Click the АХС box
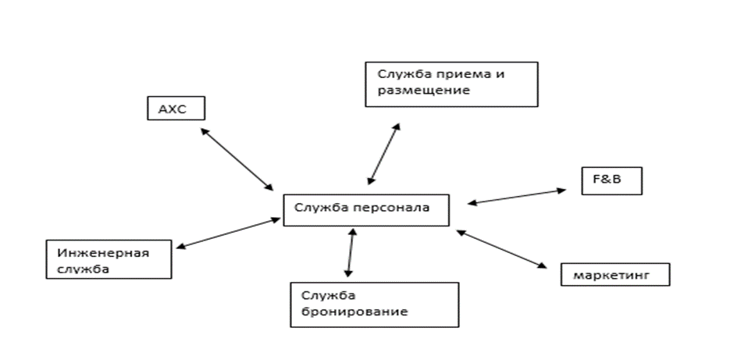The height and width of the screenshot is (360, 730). click(176, 108)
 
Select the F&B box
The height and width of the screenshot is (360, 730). click(611, 180)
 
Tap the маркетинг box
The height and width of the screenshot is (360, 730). click(615, 275)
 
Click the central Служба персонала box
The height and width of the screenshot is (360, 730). click(366, 209)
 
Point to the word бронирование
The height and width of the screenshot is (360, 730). click(350, 312)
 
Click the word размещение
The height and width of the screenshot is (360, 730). click(423, 90)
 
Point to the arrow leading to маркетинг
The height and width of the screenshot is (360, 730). click(503, 249)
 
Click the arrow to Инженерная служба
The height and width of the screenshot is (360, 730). click(228, 233)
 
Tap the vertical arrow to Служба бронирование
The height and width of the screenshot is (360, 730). click(350, 252)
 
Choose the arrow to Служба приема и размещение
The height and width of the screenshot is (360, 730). click(383, 152)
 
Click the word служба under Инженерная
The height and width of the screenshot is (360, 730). click(84, 269)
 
